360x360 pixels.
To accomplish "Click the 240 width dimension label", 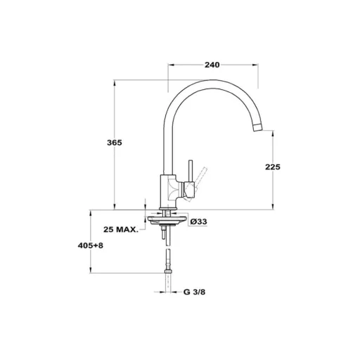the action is click(x=212, y=65).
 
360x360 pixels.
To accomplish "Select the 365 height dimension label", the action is click(x=115, y=143).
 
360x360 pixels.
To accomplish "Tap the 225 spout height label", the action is click(x=273, y=167).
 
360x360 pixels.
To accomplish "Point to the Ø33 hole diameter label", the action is click(x=198, y=221).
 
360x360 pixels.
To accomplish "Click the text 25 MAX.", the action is click(x=121, y=229).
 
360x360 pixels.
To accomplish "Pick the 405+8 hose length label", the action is click(x=91, y=245).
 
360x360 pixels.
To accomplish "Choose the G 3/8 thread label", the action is click(x=194, y=292).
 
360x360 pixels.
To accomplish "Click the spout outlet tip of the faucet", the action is click(x=258, y=127).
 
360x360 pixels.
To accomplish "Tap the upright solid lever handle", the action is click(x=191, y=171).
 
